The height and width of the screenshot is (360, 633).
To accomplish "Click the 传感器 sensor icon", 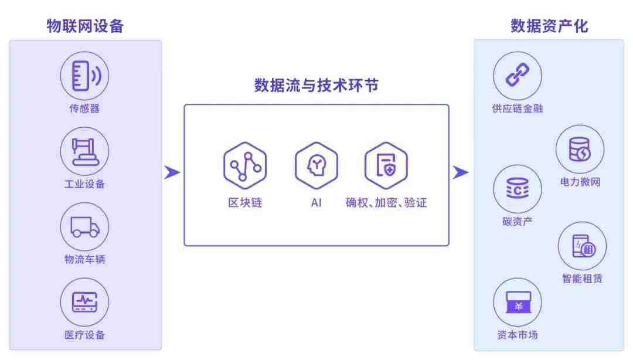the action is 84,76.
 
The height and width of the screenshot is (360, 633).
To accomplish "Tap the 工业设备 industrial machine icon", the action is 84,151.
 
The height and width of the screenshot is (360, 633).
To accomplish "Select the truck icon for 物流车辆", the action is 84,227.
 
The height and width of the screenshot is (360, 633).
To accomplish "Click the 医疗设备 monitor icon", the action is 84,302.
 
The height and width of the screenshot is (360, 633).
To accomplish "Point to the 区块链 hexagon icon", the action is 245,165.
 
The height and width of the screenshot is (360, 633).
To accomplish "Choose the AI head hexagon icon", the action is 316,165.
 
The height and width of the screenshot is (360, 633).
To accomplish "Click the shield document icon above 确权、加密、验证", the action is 386,165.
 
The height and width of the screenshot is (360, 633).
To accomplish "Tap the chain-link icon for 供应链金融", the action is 518,76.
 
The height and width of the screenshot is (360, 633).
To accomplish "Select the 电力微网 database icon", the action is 580,149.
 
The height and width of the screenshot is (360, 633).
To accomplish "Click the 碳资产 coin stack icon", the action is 518,189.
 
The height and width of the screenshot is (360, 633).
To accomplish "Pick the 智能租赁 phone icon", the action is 582,246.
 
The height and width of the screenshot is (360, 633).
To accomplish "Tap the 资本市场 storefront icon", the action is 518,302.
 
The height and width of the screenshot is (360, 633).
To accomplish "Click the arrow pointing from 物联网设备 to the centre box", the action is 172,172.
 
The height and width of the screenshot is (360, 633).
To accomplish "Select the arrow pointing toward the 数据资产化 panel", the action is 461,172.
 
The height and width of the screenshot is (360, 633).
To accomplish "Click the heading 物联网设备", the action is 85,26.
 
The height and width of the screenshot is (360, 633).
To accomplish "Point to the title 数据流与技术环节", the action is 316,85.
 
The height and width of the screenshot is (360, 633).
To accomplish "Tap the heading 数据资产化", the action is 549,26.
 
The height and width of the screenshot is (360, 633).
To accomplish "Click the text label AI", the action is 316,202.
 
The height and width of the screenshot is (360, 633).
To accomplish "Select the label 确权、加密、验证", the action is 386,202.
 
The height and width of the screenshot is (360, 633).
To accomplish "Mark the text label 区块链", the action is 245,202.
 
